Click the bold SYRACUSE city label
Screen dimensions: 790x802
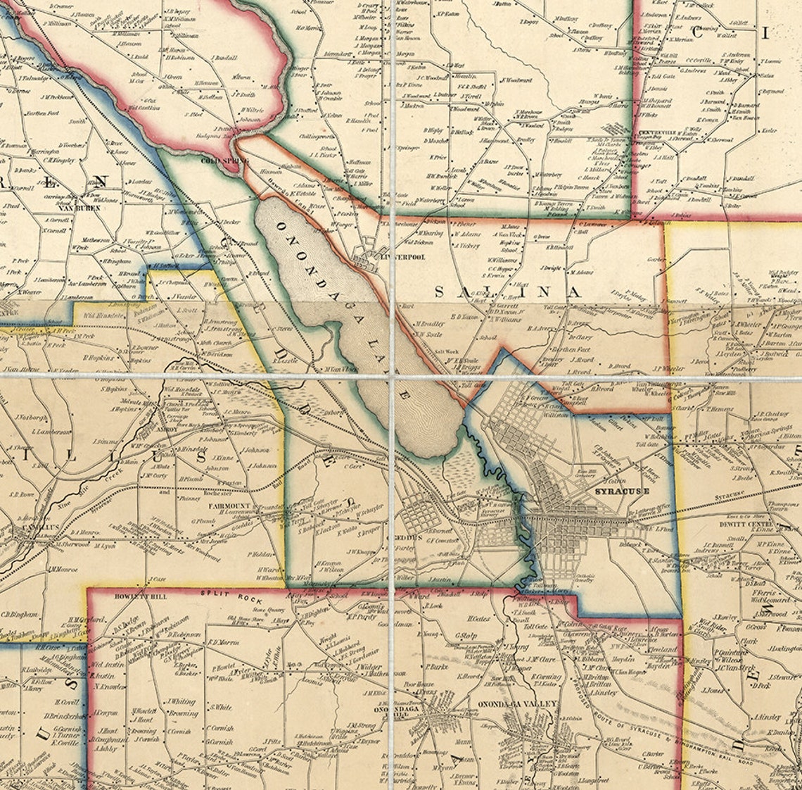(x=621, y=491)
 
